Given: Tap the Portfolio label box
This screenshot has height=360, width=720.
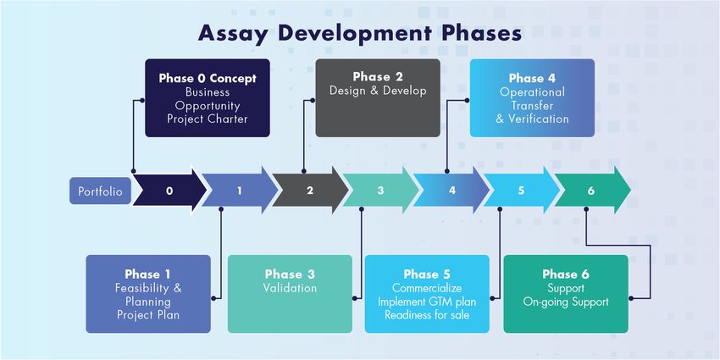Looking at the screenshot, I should [100, 191].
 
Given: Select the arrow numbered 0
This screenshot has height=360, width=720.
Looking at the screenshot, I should [169, 191].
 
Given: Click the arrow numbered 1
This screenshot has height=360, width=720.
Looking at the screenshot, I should [239, 191].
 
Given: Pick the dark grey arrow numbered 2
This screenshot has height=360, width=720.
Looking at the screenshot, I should [309, 191].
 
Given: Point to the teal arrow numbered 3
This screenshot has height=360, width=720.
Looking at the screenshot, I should [380, 191].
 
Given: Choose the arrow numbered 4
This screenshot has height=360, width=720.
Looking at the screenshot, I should [451, 191].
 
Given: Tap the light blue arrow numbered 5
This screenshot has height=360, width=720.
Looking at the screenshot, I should [522, 191].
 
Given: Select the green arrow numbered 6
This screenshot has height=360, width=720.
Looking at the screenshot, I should [591, 191].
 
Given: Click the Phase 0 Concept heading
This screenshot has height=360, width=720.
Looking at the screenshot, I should [208, 78].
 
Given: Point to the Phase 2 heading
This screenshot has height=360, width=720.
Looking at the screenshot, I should [378, 76].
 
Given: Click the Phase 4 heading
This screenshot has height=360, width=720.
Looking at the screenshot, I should [532, 78].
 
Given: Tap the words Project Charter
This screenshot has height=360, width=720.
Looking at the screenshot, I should [208, 119].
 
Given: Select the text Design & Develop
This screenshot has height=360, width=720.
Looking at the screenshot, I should [378, 91].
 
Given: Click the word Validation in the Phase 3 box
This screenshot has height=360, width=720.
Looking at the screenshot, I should [290, 288].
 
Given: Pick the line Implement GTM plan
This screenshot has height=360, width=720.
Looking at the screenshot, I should [427, 302].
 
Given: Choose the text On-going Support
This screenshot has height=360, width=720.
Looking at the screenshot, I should [566, 302].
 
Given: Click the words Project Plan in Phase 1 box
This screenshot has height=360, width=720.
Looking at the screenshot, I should [148, 315].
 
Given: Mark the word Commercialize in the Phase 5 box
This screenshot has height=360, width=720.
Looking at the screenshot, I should [427, 288].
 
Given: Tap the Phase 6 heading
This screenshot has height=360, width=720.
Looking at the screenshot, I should [566, 274].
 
